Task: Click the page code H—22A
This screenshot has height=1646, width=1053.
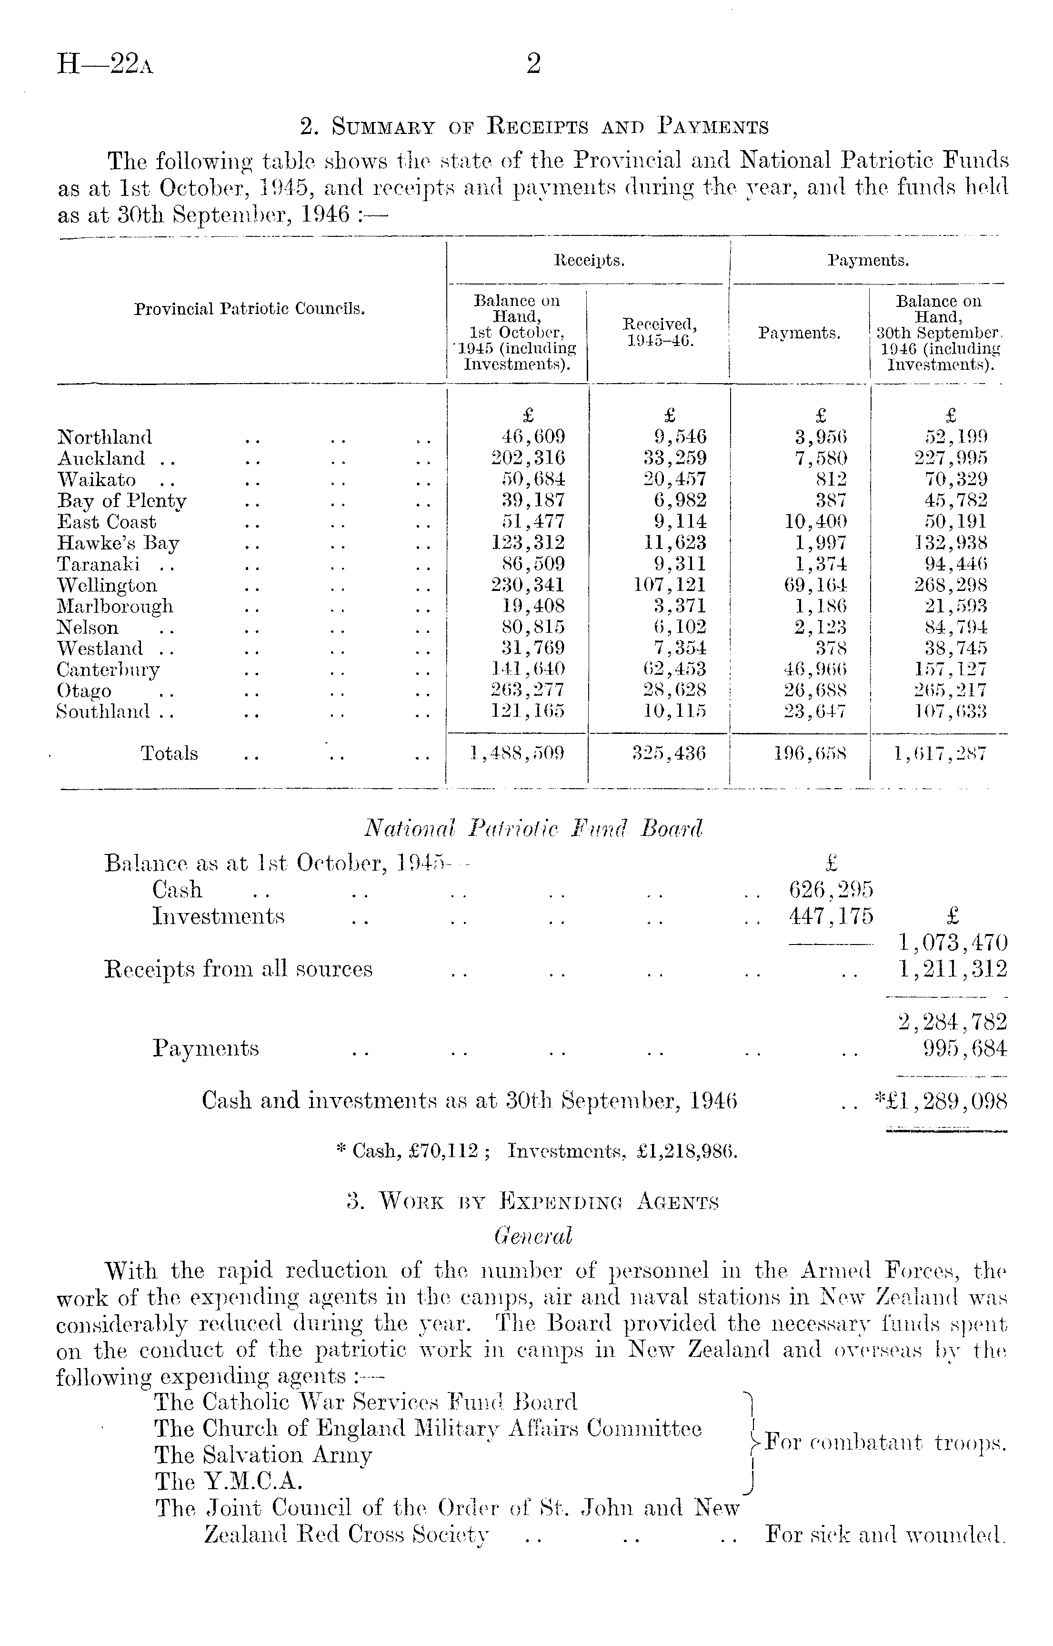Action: coord(105,65)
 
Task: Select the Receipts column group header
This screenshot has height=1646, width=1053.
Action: coord(589,261)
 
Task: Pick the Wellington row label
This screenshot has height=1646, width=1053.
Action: coord(107,586)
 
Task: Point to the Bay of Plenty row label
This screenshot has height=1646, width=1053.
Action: coord(122,501)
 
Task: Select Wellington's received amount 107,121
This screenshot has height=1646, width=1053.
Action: coord(670,586)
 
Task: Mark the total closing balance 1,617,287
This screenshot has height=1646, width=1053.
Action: coord(940,753)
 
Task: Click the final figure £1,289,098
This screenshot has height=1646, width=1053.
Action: coord(947,1101)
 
